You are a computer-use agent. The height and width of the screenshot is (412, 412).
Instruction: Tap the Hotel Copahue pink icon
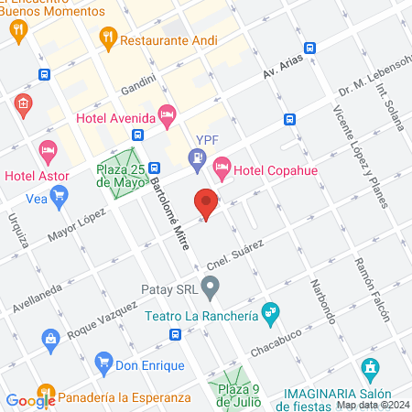(221, 167)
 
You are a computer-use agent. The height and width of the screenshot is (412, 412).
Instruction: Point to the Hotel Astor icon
(48, 150)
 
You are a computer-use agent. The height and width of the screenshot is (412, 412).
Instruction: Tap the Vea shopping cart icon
(60, 194)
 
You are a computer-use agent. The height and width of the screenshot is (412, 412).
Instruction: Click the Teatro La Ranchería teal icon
(269, 313)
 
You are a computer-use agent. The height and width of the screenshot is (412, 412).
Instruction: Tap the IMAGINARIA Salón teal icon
(370, 370)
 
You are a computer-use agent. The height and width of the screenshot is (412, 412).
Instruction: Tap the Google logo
(31, 400)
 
